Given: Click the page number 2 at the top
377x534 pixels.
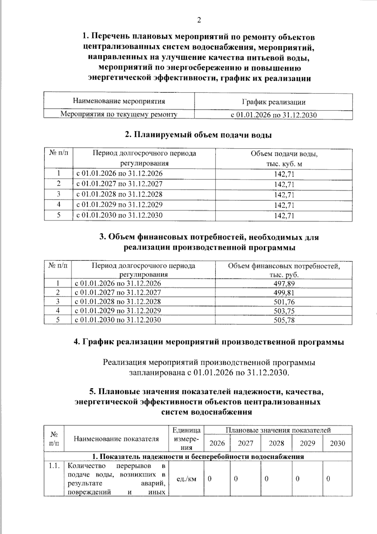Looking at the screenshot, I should (199, 20).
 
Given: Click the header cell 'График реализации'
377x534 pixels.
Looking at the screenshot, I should (273, 102).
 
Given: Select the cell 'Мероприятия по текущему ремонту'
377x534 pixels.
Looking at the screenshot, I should (119, 114).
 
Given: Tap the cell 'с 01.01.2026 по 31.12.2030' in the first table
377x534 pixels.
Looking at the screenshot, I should (273, 115).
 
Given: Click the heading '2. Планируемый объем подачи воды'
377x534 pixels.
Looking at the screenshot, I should (198, 135).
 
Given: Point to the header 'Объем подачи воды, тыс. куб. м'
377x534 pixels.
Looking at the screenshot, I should (284, 159).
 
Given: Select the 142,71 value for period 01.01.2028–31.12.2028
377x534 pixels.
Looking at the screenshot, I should (284, 195).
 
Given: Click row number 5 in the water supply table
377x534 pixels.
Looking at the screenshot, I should (58, 215).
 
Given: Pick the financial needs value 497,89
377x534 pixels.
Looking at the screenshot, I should (284, 284).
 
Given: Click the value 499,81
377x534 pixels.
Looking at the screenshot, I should (284, 293).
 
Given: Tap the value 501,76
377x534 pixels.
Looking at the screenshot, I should (284, 302).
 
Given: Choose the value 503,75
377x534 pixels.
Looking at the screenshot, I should (284, 311).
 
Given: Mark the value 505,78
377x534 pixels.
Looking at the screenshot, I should (284, 320).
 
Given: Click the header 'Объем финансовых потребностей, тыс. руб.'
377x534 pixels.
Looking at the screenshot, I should (284, 270).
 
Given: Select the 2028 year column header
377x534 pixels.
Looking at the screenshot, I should (276, 443).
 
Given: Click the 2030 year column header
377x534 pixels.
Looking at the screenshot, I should (337, 443).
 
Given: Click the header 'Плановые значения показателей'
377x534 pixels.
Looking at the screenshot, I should (278, 430).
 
